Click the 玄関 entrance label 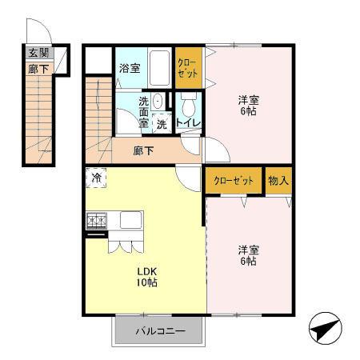point(38,53)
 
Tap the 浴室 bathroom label point(130,68)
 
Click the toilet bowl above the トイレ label point(188,106)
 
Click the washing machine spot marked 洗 point(161,123)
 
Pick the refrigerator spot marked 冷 point(96,178)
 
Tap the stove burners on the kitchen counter point(97,218)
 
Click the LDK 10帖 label point(145,276)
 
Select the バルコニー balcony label point(159,330)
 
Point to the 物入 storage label point(278,181)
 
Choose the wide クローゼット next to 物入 point(234,181)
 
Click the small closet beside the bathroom point(189,68)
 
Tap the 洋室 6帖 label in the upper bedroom point(249,106)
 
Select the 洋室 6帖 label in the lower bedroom point(247,254)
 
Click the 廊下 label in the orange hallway point(144,150)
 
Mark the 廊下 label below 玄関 point(38,69)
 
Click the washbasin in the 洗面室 point(158,101)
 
